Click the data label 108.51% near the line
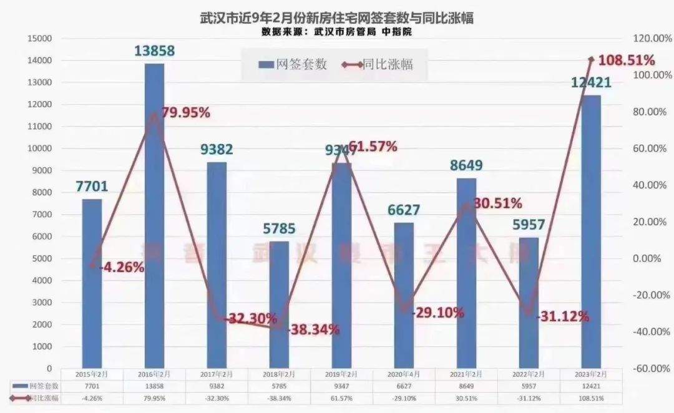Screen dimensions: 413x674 [627, 61]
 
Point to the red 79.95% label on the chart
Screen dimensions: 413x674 [185, 113]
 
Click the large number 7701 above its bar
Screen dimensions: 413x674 [92, 186]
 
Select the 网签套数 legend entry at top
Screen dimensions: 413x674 [293, 64]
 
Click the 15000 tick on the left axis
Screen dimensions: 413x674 [39, 38]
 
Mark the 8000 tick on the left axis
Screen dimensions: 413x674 [42, 192]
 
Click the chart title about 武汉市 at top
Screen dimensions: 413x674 [336, 17]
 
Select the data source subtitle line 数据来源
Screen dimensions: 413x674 [336, 31]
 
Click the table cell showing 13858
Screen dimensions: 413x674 [154, 387]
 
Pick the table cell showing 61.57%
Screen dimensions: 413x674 [341, 398]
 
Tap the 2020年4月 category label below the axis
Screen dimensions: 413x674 [404, 374]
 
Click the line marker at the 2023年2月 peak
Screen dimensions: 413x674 [592, 59]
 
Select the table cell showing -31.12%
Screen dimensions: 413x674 [529, 398]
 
